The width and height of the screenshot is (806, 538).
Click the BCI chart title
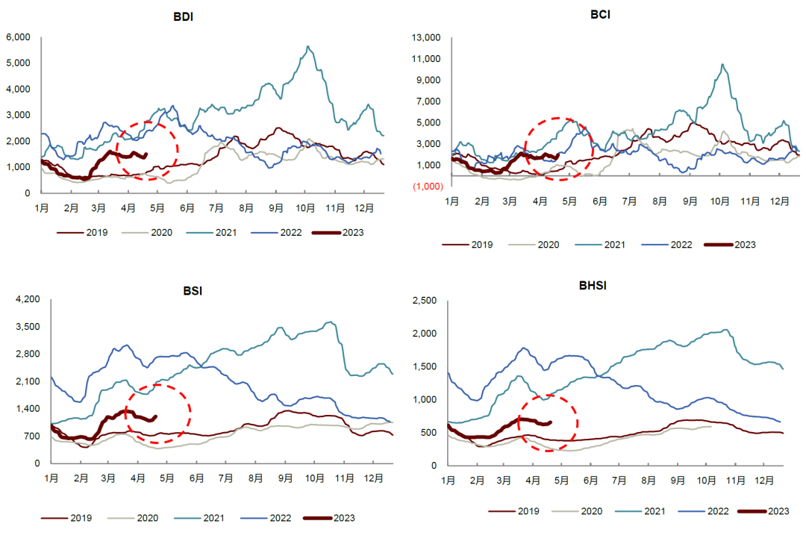599,14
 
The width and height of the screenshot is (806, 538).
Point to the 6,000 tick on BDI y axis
17,37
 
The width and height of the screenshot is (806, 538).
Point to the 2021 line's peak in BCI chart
722,64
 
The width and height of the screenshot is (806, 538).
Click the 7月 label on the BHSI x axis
623,481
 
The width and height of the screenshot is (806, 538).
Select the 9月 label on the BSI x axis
286,478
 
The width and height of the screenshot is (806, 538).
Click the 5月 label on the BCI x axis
569,201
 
